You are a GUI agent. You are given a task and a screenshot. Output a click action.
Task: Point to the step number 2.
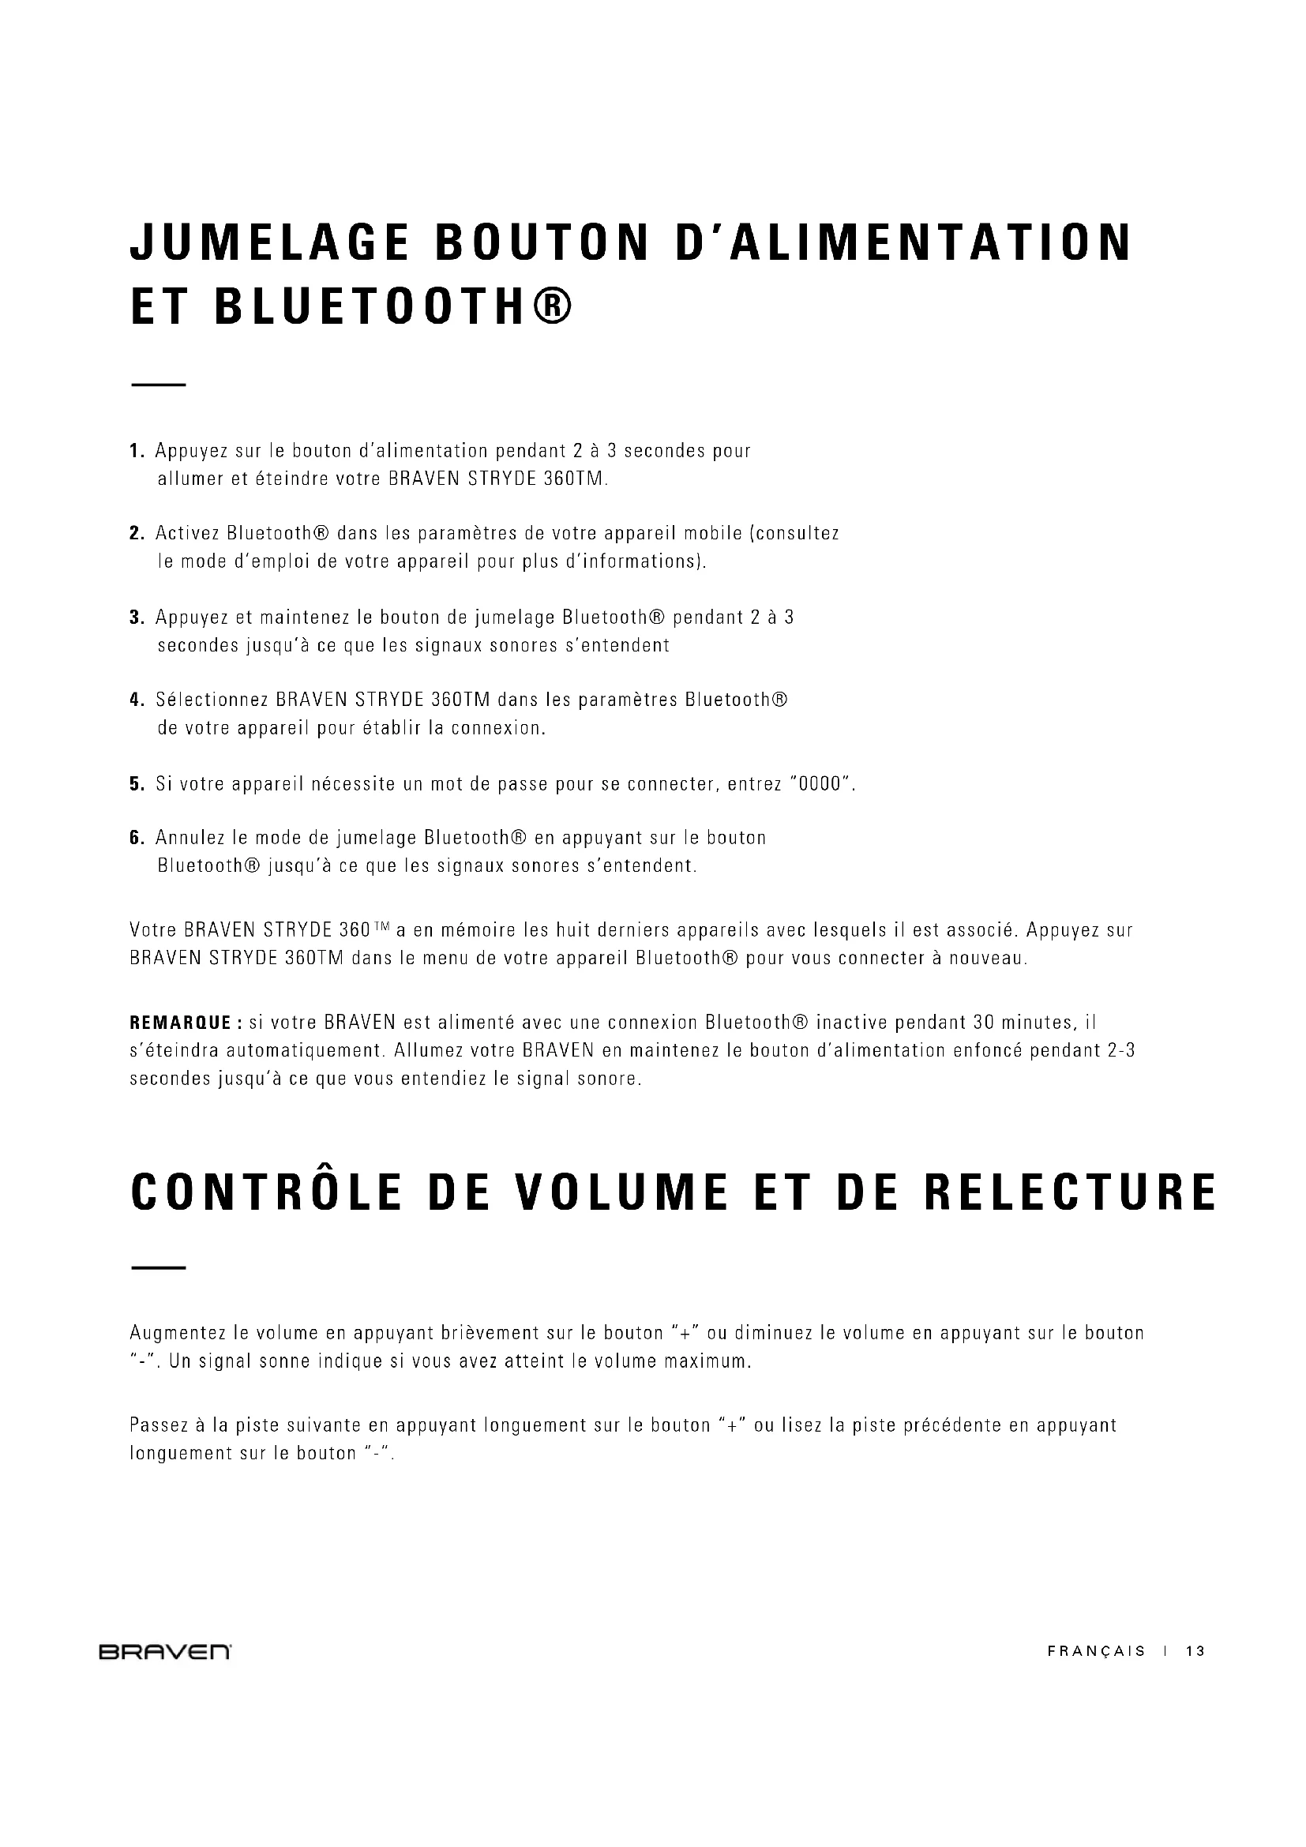[137, 533]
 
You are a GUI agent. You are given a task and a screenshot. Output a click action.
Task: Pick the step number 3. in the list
[137, 618]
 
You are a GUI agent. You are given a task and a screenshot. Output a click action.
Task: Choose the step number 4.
[137, 700]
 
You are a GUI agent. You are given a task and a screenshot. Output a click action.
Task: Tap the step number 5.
[137, 784]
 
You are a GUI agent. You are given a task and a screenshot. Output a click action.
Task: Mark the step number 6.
[137, 839]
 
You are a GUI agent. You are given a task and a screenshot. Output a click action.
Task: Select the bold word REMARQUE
[180, 1023]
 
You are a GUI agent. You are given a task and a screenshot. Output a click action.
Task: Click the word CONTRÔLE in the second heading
[265, 1194]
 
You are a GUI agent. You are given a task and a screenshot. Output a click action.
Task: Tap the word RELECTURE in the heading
[1070, 1194]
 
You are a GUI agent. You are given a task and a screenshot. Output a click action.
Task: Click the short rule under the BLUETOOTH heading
[158, 385]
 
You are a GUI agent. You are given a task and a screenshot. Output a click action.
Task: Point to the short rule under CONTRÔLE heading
[158, 1269]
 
